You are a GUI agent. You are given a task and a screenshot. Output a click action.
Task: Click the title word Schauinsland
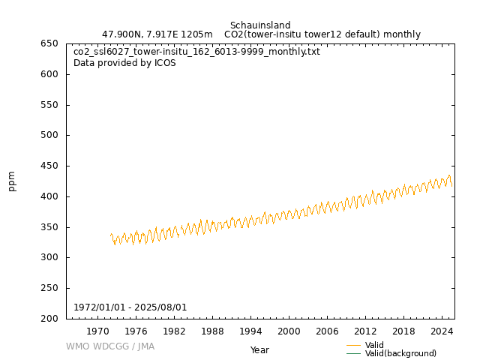pyautogui.click(x=260, y=25)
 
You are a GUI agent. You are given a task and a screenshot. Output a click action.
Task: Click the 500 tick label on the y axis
pyautogui.click(x=50, y=136)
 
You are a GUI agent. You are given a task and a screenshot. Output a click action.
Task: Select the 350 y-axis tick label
pyautogui.click(x=50, y=227)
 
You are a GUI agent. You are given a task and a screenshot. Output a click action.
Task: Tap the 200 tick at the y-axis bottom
pyautogui.click(x=50, y=319)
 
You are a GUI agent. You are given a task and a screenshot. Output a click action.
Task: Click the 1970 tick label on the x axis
pyautogui.click(x=97, y=331)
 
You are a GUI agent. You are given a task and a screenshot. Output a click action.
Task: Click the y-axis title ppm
pyautogui.click(x=12, y=181)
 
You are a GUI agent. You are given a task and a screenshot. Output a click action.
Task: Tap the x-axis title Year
pyautogui.click(x=259, y=350)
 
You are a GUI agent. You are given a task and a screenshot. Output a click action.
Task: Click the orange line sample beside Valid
pyautogui.click(x=354, y=345)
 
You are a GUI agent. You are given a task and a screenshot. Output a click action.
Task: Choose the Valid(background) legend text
pyautogui.click(x=400, y=354)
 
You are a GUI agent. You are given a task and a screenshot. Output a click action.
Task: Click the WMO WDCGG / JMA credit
pyautogui.click(x=110, y=346)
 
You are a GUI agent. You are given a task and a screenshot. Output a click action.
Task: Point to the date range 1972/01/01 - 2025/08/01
pyautogui.click(x=130, y=307)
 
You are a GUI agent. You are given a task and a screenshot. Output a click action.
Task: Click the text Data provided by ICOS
pyautogui.click(x=124, y=63)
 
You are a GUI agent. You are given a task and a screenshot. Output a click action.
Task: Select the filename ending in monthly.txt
pyautogui.click(x=196, y=52)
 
